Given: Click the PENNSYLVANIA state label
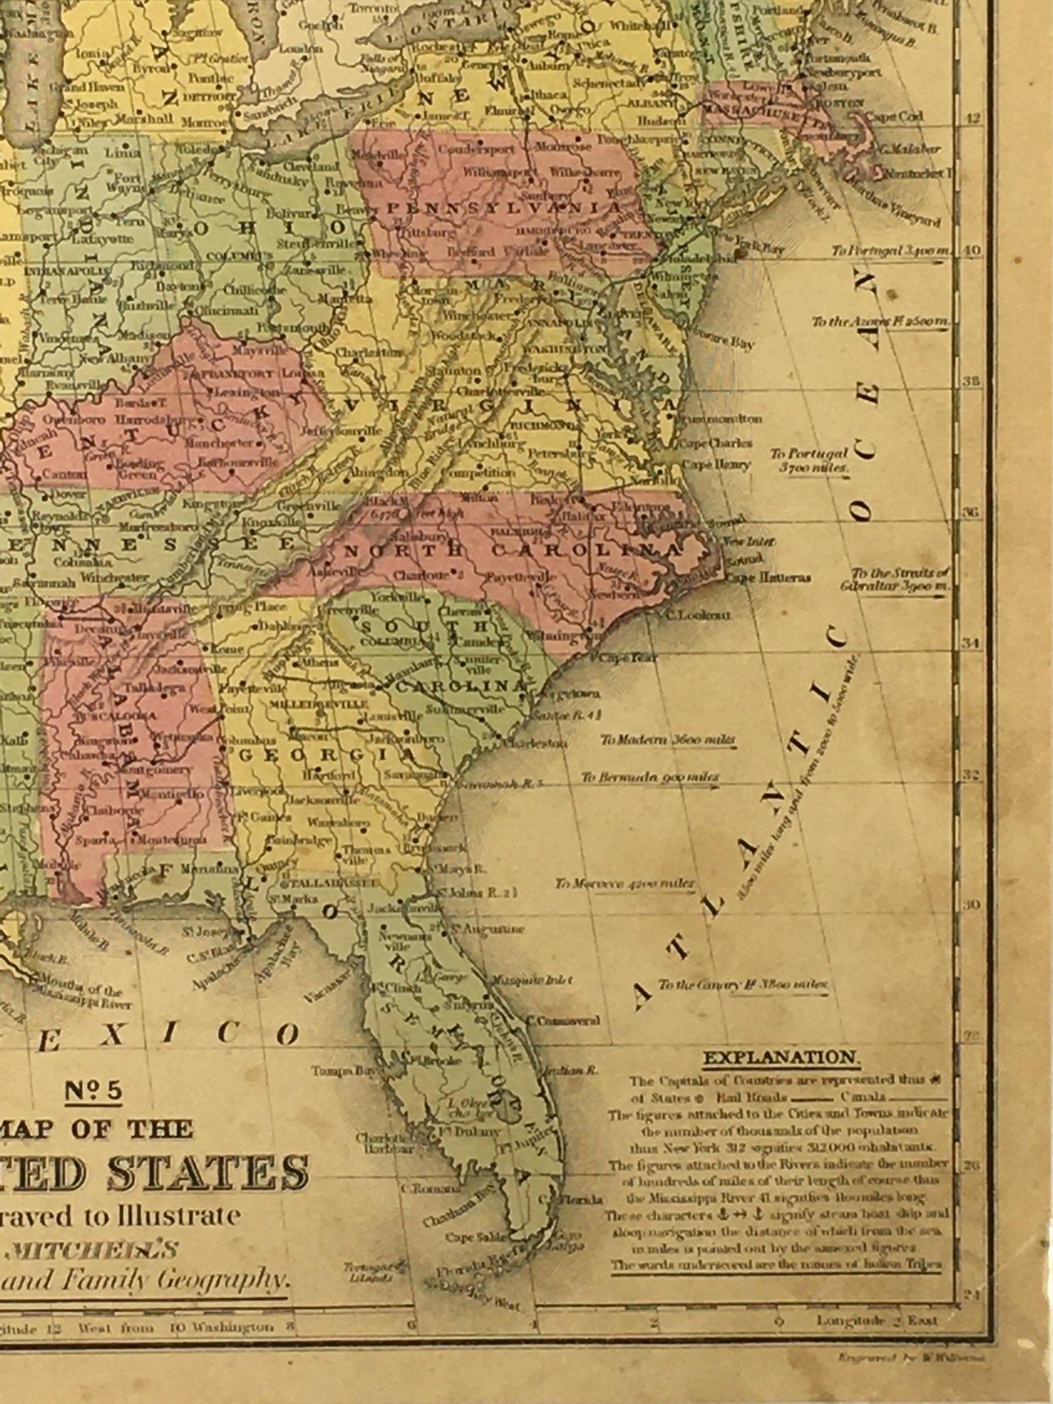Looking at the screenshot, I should tap(504, 209).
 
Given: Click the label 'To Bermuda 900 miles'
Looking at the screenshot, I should tap(650, 778).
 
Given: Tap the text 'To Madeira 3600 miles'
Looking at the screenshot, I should tap(668, 740).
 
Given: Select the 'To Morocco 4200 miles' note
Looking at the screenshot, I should tap(625, 884).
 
